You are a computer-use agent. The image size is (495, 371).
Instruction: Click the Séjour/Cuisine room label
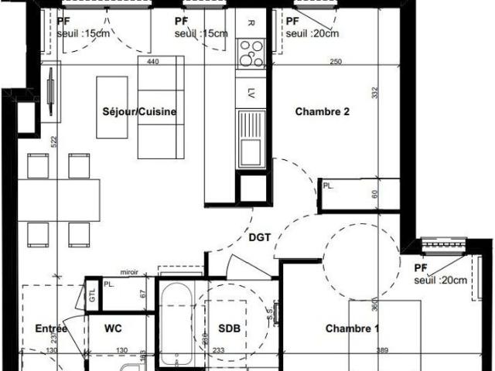pos(139,112)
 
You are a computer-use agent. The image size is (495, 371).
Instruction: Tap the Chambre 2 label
pos(323,111)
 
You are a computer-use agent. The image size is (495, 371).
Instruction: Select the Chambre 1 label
pos(352,328)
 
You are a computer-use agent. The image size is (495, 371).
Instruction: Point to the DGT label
pos(260,237)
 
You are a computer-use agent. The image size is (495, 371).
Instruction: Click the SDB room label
pos(230,328)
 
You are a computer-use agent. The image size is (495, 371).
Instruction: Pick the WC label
pos(114,328)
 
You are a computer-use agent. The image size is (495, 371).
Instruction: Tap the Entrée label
pos(52,328)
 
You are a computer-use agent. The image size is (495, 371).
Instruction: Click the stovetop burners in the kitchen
pos(251,53)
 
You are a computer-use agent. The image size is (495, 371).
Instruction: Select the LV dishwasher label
pos(251,94)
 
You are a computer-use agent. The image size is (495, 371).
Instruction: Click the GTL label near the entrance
pos(92,294)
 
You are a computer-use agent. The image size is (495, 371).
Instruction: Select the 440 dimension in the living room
pos(152,62)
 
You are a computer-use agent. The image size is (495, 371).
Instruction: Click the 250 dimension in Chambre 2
pos(335,62)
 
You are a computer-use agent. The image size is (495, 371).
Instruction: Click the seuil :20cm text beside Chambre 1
pos(440,280)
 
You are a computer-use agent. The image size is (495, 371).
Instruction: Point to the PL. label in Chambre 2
pos(328,186)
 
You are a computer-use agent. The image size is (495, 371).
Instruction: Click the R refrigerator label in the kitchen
pos(251,22)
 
